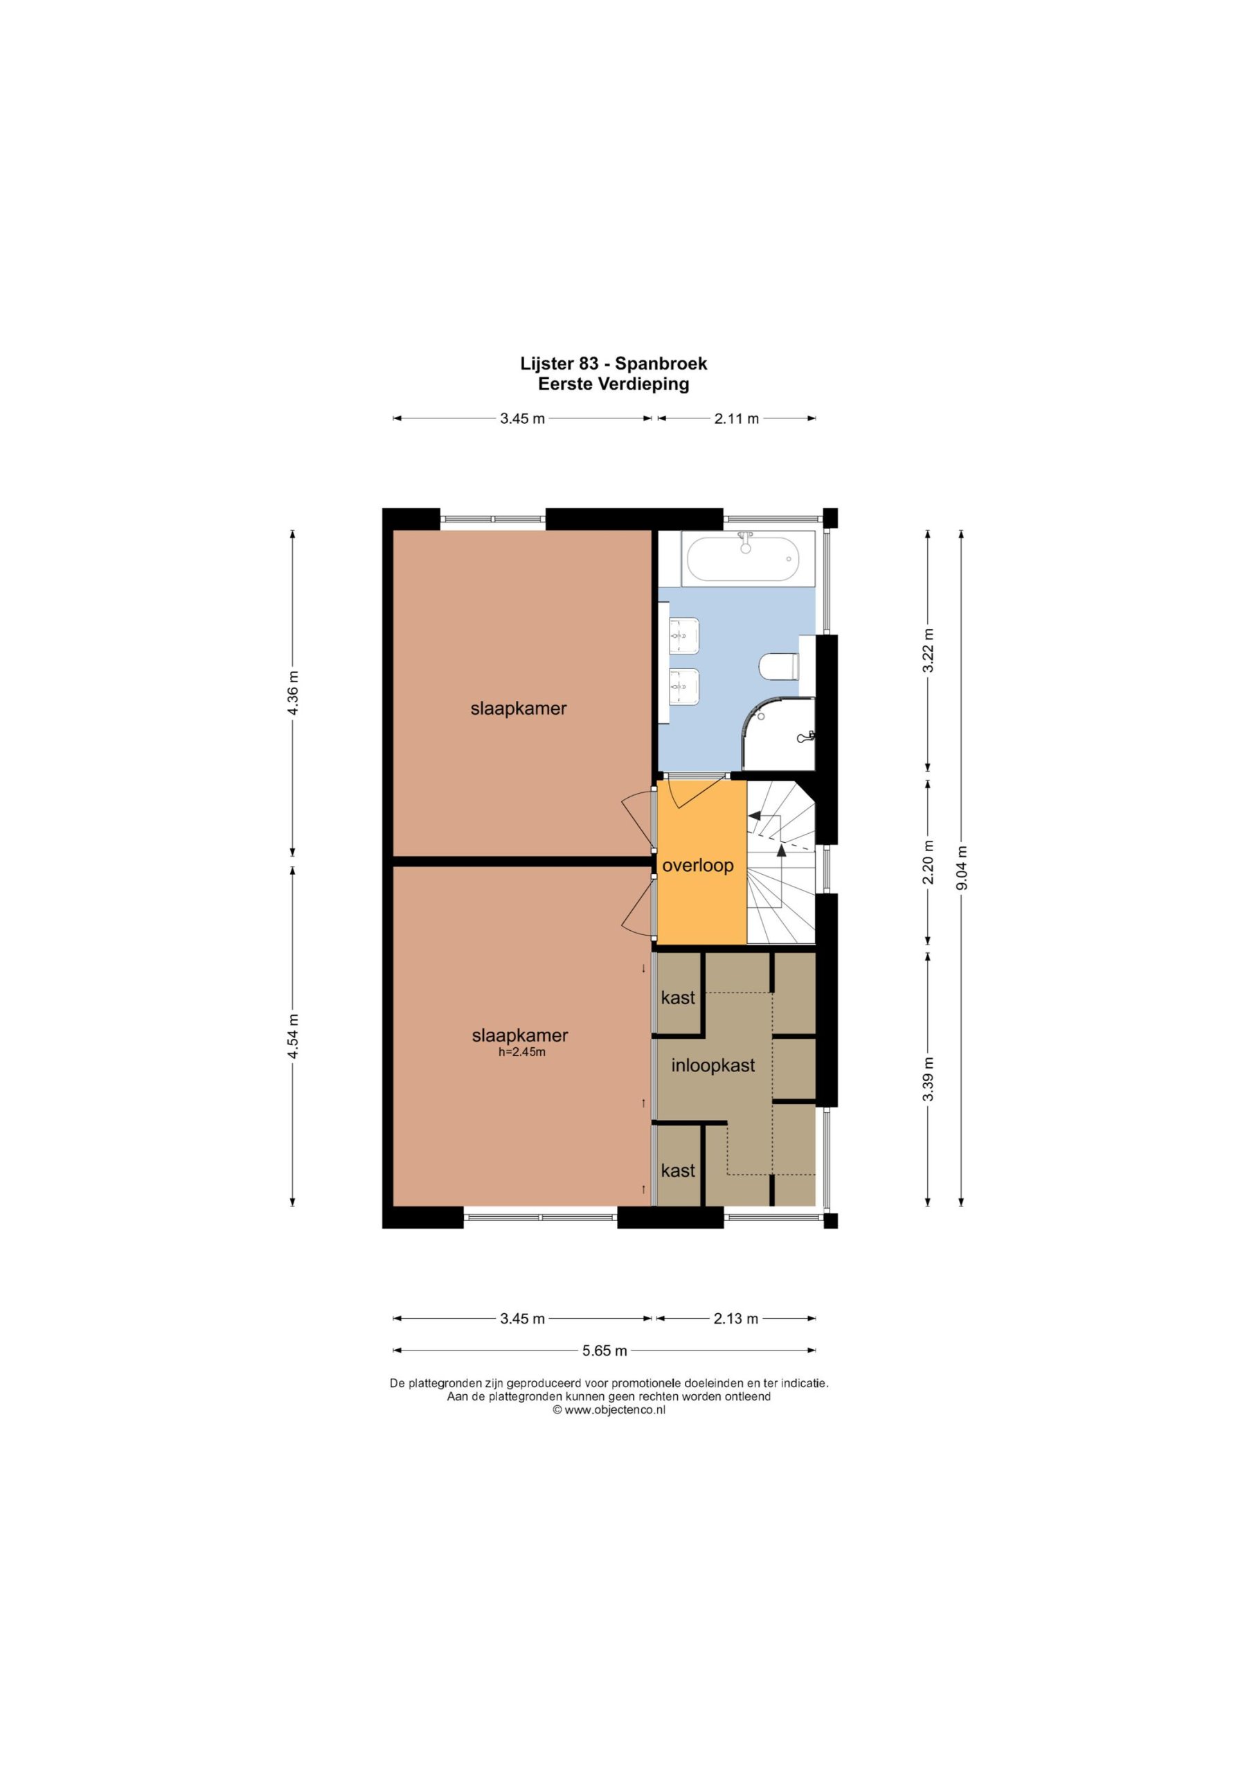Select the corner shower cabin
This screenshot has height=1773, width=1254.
tap(779, 734)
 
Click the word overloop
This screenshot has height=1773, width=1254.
tap(698, 866)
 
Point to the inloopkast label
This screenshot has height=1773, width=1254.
tap(713, 1066)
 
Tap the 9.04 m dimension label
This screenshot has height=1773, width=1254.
tap(961, 868)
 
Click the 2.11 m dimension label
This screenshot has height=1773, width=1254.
tap(737, 418)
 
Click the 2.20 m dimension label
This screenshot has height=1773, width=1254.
tap(929, 862)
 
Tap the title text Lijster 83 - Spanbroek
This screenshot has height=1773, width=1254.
tap(614, 363)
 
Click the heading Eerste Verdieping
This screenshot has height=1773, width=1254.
tap(614, 384)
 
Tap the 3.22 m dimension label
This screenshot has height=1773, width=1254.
tap(929, 650)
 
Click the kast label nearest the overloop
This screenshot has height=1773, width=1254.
tap(678, 998)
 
